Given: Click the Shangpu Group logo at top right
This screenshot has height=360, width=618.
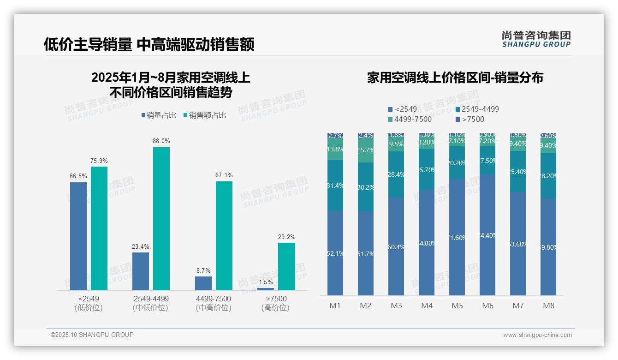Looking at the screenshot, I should coord(536,39).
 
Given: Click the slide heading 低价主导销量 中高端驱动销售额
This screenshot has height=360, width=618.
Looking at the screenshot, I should coord(149,44).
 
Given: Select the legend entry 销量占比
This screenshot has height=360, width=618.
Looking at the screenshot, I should coord(159,115).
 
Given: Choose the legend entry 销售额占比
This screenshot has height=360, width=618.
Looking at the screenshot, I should coord(205,115).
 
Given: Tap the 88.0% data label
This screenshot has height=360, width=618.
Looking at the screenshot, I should coord(161,141).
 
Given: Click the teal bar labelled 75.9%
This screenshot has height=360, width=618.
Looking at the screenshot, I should coord(99,228).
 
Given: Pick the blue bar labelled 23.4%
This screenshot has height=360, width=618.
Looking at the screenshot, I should coord(141,271).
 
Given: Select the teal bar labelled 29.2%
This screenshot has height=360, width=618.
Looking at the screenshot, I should coord(286,267).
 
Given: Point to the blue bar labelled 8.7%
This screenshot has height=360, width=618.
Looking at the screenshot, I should coord(203,283).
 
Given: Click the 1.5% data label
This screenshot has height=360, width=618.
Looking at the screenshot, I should coord(266,282).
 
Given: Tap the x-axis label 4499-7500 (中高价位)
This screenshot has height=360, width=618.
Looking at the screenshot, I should coord(213,303).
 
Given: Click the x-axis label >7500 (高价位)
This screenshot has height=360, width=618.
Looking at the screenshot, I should coord(275,303).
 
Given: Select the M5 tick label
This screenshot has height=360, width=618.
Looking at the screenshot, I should coord(457,306).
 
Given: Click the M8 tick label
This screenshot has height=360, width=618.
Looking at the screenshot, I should coord(548,306).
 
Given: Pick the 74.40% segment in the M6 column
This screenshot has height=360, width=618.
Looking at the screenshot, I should coord(487,235).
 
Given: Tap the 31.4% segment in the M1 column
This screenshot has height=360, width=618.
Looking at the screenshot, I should coord(335,186).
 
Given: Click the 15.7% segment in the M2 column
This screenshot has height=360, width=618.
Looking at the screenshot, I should coord(366,150).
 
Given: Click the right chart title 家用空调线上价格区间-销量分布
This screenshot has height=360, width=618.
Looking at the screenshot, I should coord(455,78).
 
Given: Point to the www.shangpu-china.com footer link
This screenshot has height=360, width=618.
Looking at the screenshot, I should coord(537,335).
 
